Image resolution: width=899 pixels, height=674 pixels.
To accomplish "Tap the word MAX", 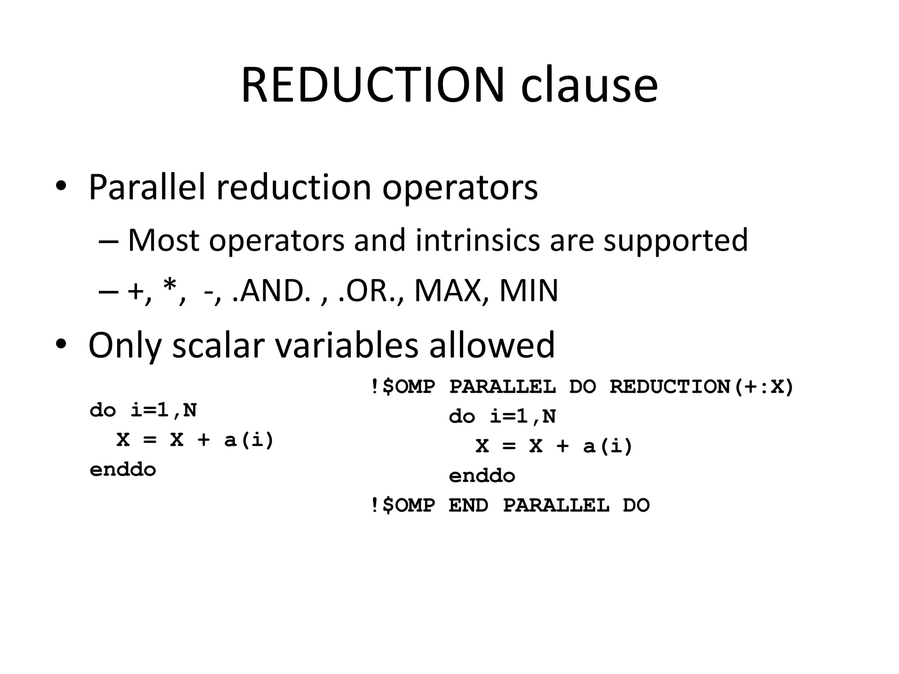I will point(449,291).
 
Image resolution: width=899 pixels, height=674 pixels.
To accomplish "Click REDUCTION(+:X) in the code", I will point(701,387).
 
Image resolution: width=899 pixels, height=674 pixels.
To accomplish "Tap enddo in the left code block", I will point(123,470).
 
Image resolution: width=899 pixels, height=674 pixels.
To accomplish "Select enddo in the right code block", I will point(482,476).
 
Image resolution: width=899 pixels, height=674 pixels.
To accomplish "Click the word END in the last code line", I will point(468,505).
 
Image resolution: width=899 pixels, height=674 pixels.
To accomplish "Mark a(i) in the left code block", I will point(249,440).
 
